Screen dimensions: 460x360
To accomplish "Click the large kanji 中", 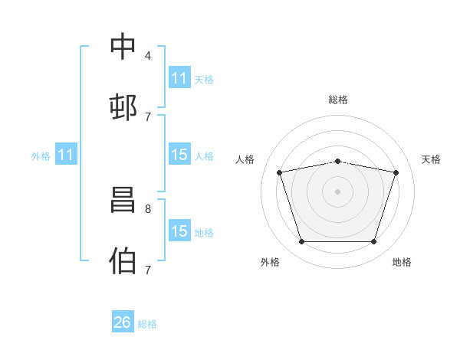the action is pos(123,46).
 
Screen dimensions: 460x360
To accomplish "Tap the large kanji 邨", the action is pos(123,107).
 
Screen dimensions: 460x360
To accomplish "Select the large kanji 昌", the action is pos(123,200).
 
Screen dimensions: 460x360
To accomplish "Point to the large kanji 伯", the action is pos(123,260).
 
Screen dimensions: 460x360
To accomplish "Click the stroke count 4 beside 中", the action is pos(148,56).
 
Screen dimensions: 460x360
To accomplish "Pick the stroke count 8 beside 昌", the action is pos(148,209).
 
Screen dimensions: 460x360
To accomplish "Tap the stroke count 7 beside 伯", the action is pos(148,270).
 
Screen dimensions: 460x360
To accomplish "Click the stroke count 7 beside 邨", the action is pos(148,117).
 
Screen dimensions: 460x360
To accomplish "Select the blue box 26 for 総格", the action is pos(123,321).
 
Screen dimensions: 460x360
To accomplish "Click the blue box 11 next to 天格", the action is pos(179,77).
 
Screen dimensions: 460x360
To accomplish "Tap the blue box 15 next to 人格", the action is pos(179,154).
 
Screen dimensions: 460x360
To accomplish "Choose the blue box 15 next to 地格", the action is pos(179,230).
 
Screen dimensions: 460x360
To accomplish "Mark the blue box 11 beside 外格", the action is pos(66,154).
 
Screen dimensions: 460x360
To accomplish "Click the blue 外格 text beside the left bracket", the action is pos(41,156).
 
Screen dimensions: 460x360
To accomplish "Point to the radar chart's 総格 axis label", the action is pos(338,100).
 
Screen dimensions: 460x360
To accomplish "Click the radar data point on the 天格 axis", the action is pos(396,172).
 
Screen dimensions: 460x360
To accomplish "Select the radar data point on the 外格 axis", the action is pos(302,241).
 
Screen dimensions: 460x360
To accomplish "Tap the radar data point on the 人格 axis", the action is pos(280,172).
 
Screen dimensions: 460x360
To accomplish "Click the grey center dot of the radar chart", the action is pos(337,191).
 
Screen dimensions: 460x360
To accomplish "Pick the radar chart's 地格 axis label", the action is pos(402,262).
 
